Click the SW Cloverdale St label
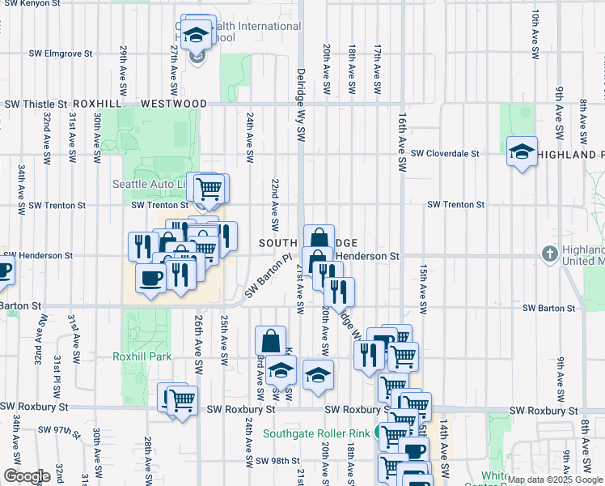tap(445, 153)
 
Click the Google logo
tap(27, 476)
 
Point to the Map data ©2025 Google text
tap(556, 480)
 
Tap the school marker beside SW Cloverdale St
tap(522, 151)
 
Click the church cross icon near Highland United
tap(549, 255)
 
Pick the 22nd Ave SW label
tap(275, 203)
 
